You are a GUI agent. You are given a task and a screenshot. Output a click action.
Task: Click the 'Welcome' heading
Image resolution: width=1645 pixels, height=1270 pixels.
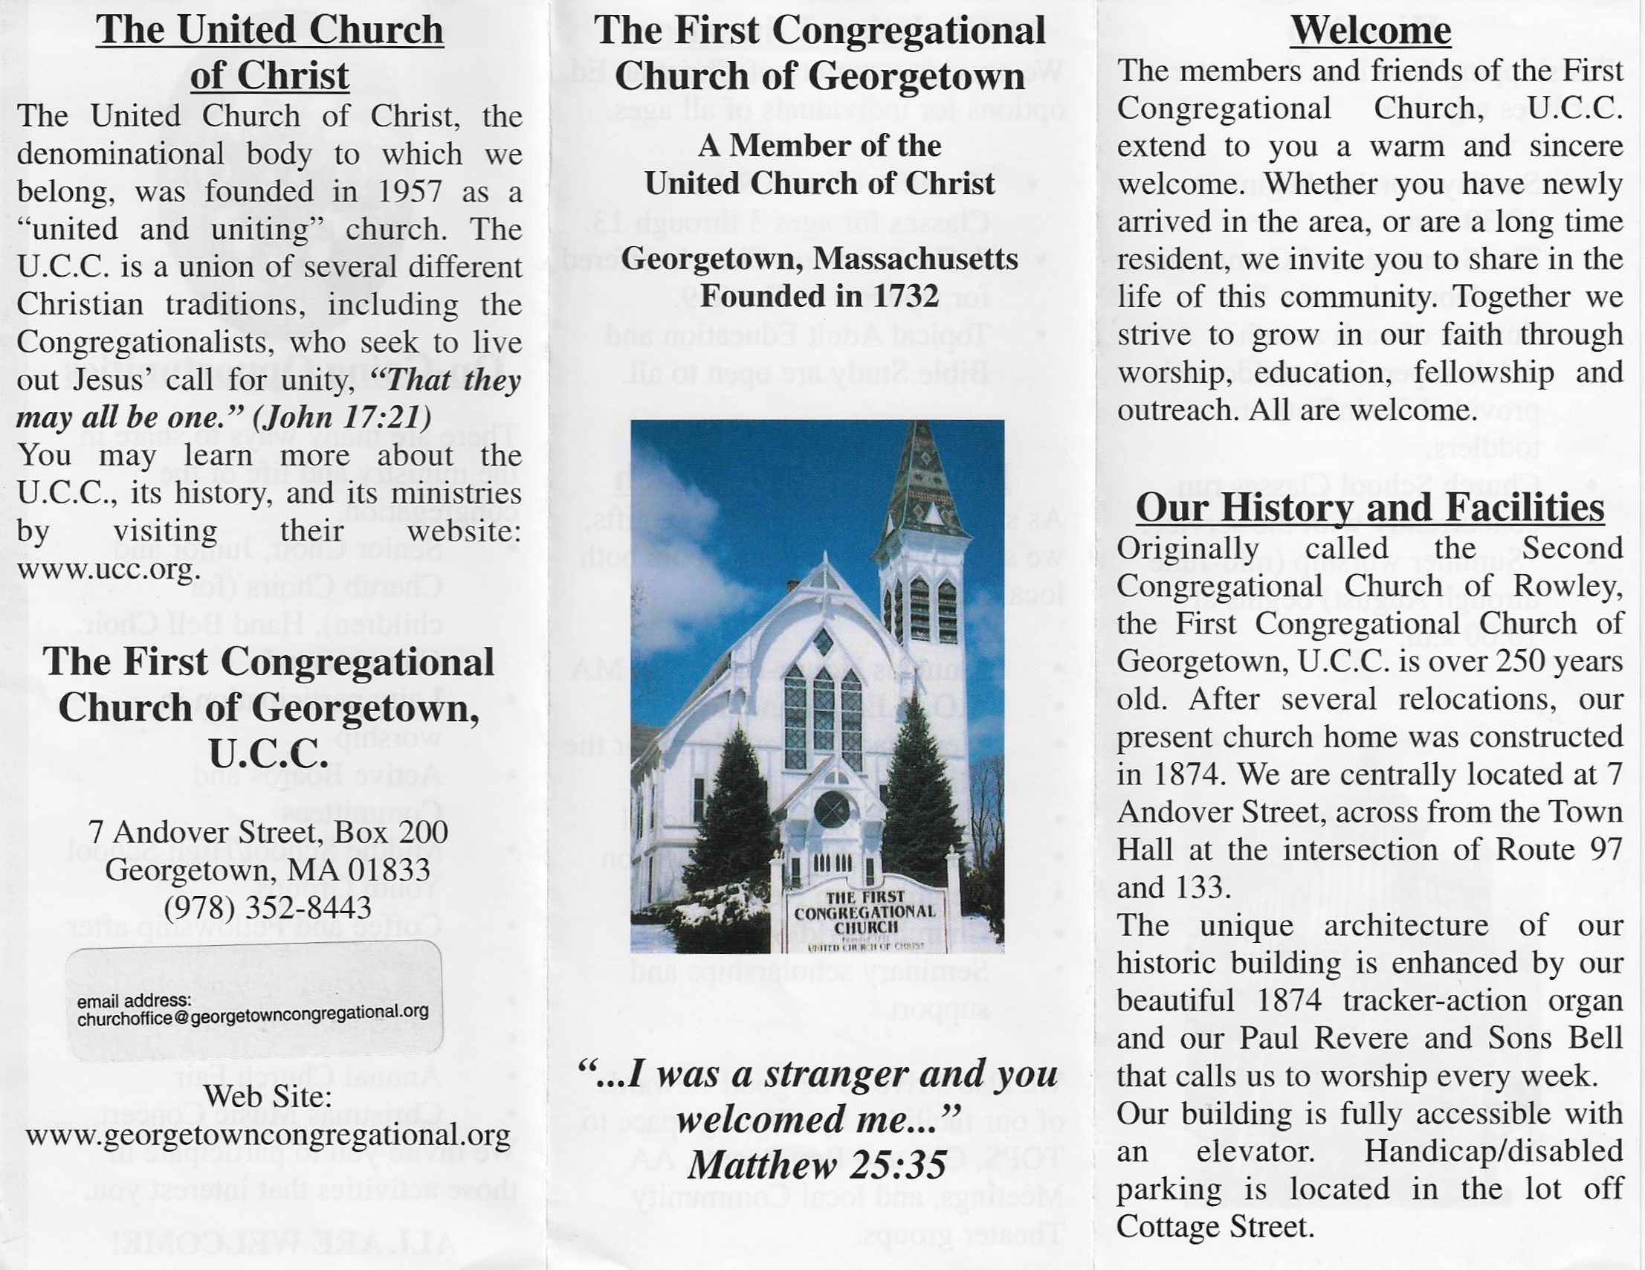coord(1370,32)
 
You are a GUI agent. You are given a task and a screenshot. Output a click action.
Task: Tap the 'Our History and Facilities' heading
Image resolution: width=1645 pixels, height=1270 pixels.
coord(1369,508)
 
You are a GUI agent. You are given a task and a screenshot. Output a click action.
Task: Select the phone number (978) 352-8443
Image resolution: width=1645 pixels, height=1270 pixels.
coord(268,907)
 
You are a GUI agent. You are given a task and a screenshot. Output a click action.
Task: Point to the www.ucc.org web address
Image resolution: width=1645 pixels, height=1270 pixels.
coord(109,569)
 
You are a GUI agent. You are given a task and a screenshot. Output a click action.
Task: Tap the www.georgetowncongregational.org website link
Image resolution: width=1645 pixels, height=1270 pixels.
coord(268,1135)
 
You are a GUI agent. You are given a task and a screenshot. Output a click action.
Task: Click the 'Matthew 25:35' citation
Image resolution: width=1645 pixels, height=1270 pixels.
coord(816,1166)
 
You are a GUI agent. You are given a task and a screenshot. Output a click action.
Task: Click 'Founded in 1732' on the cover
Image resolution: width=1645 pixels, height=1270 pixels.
coord(818,296)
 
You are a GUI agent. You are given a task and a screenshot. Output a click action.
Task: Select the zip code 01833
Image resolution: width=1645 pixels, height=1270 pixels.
coord(394,871)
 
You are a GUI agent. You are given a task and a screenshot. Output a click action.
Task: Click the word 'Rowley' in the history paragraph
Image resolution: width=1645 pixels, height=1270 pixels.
coord(1574,586)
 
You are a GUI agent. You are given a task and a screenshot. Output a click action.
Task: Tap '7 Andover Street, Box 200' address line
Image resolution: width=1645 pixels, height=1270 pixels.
coord(268,832)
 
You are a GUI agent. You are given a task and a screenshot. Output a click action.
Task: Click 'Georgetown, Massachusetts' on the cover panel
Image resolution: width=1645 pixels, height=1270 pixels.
coord(818,259)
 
